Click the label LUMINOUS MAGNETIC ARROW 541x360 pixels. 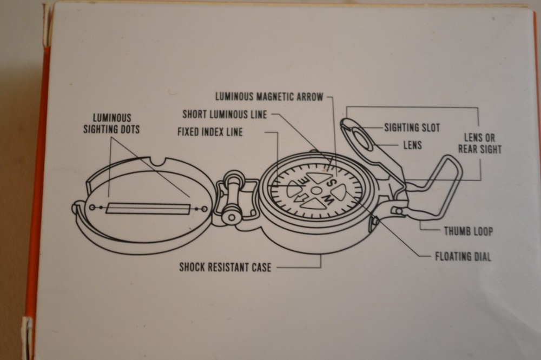pyautogui.click(x=269, y=97)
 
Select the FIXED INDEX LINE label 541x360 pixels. pyautogui.click(x=210, y=132)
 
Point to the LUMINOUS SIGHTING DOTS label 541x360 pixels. pyautogui.click(x=111, y=123)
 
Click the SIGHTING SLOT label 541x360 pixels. pyautogui.click(x=412, y=128)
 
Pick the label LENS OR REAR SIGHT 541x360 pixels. pyautogui.click(x=479, y=143)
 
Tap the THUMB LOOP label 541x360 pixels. pyautogui.click(x=468, y=231)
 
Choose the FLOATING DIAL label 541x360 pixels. pyautogui.click(x=463, y=257)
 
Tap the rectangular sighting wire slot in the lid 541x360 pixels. pyautogui.click(x=147, y=209)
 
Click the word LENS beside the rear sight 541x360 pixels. pyautogui.click(x=412, y=145)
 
